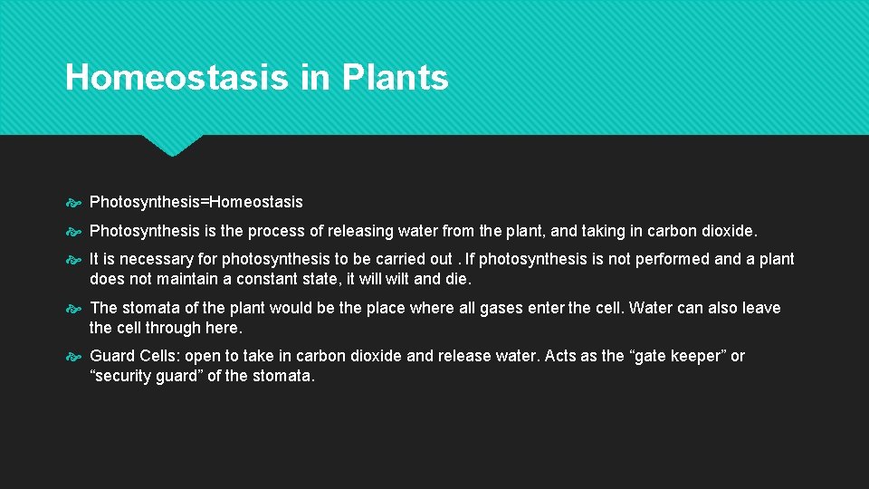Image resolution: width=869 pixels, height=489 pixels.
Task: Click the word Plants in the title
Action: coord(396,78)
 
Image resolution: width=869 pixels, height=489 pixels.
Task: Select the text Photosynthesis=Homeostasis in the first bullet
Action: coord(196,202)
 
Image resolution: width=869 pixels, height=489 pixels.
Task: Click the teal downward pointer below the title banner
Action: coord(172,146)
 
